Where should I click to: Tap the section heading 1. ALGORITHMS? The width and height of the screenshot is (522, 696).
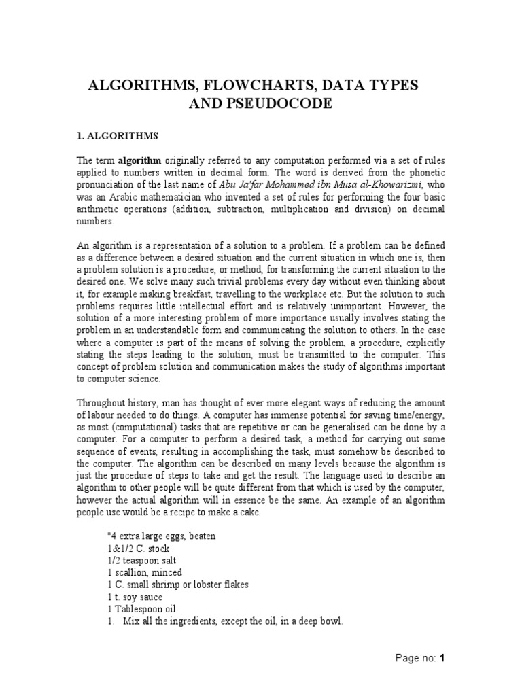tap(116, 136)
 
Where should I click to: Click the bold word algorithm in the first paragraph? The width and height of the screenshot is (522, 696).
tap(140, 160)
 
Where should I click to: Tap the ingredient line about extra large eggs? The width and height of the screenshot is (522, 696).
tap(162, 536)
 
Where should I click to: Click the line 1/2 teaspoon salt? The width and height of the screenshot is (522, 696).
tap(141, 561)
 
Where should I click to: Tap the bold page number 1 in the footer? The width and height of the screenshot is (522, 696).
tap(442, 658)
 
